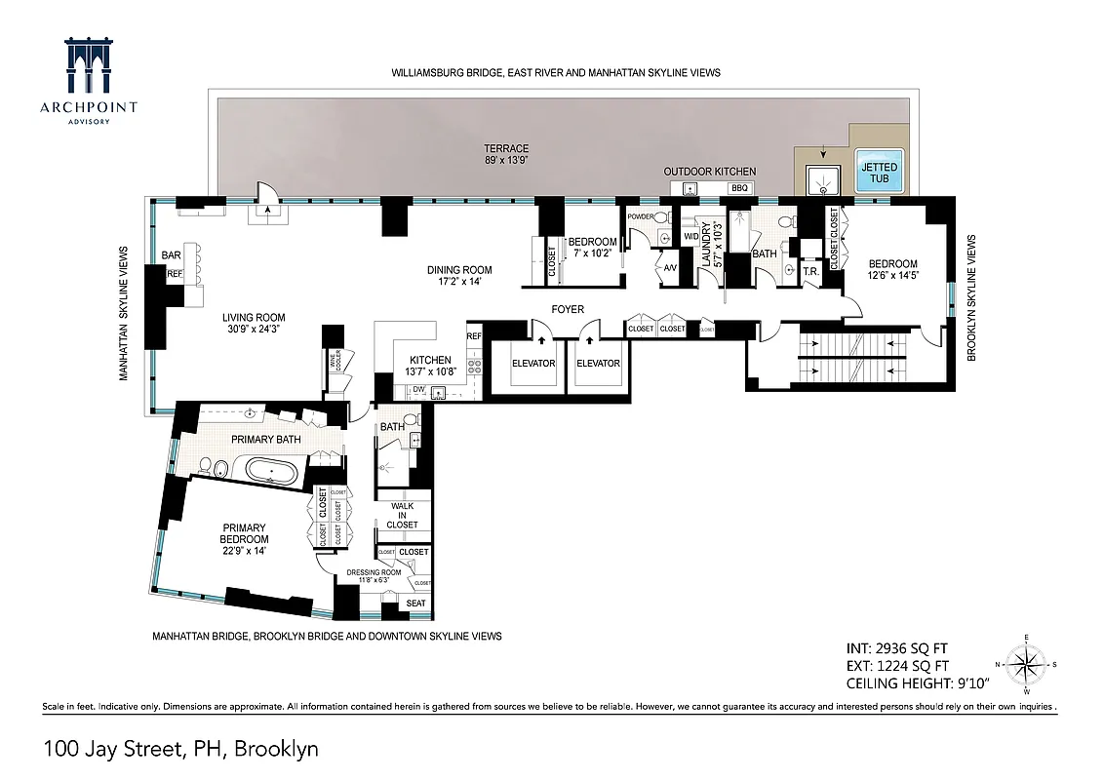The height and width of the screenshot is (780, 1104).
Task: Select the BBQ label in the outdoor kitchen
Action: pyautogui.click(x=738, y=186)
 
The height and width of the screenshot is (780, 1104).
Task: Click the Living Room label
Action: pyautogui.click(x=253, y=323)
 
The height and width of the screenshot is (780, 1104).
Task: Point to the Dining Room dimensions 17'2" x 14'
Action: pyautogui.click(x=458, y=282)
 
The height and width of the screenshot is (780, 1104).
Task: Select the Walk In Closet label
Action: pyautogui.click(x=404, y=516)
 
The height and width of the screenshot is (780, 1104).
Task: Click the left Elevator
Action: pyautogui.click(x=532, y=364)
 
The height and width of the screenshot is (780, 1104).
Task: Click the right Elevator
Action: pyautogui.click(x=598, y=364)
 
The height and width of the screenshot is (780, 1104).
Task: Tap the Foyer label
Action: pyautogui.click(x=568, y=310)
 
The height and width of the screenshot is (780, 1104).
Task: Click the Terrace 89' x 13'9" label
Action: pyautogui.click(x=506, y=155)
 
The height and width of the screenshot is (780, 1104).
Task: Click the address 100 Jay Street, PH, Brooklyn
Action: pyautogui.click(x=180, y=749)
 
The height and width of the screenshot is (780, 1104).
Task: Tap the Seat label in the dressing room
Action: pyautogui.click(x=416, y=604)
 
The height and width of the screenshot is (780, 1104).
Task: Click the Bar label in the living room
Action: pyautogui.click(x=172, y=255)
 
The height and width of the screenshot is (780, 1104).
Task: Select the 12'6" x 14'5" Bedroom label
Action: pyautogui.click(x=893, y=269)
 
